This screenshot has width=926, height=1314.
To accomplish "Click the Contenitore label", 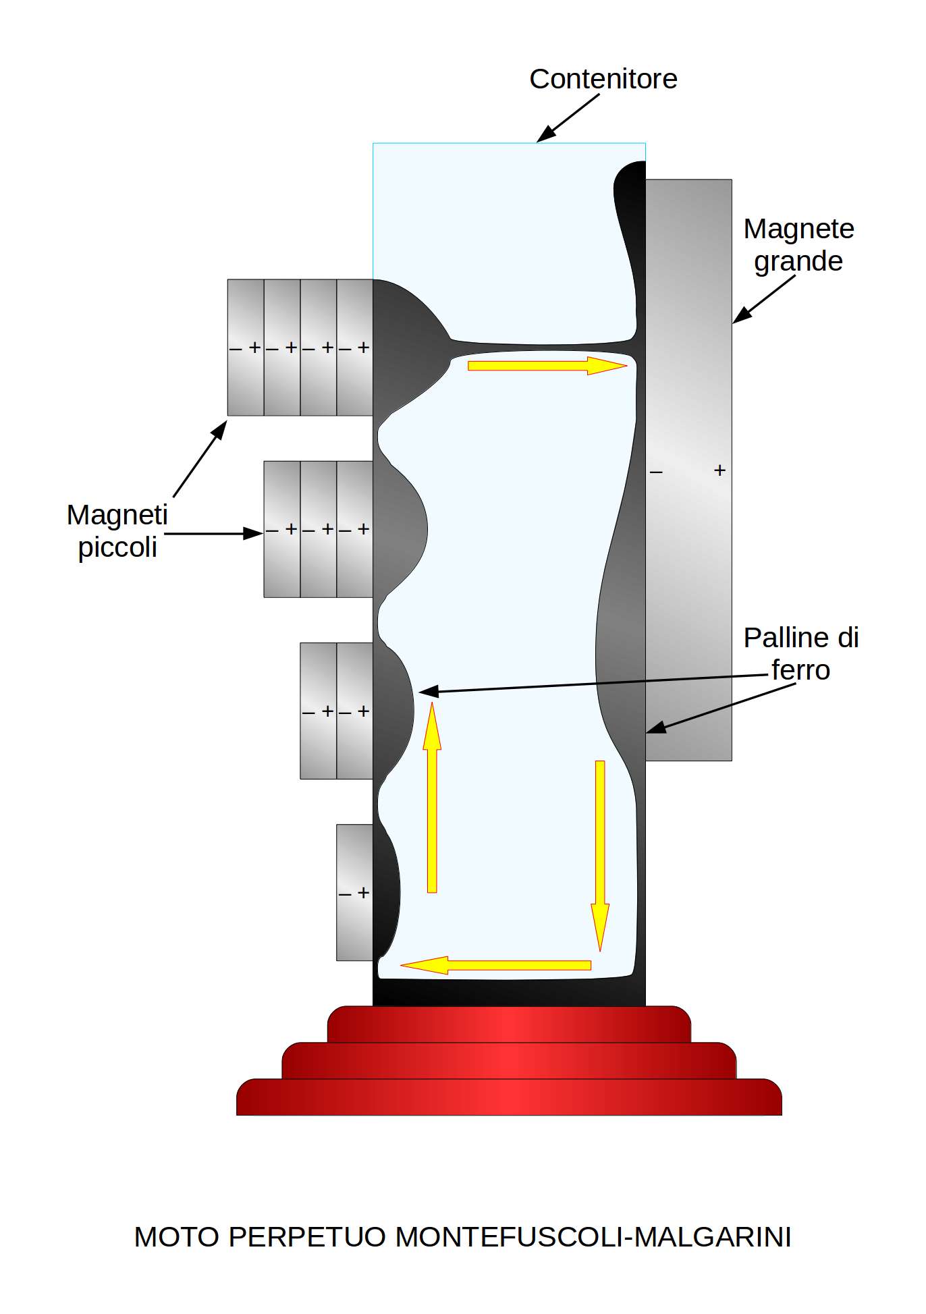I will (x=603, y=79).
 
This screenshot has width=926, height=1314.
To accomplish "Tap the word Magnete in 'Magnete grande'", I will (x=798, y=229).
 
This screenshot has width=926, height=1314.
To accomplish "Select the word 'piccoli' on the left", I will (x=117, y=547).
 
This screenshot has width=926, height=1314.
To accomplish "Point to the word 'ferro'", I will (x=800, y=670).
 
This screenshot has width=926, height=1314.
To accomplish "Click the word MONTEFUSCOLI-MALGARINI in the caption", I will (x=593, y=1237).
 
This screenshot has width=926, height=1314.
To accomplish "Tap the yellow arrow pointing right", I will (x=547, y=366).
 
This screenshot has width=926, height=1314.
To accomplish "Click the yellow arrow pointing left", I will (x=496, y=965).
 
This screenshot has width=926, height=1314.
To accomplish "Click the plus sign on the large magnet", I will (x=719, y=470).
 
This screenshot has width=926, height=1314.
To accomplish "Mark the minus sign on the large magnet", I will (x=656, y=472).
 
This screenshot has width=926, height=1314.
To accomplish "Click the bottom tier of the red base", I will (x=509, y=1097).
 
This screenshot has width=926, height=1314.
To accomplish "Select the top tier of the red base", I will (x=509, y=1024).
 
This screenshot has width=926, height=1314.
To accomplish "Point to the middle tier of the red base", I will (x=509, y=1060).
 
